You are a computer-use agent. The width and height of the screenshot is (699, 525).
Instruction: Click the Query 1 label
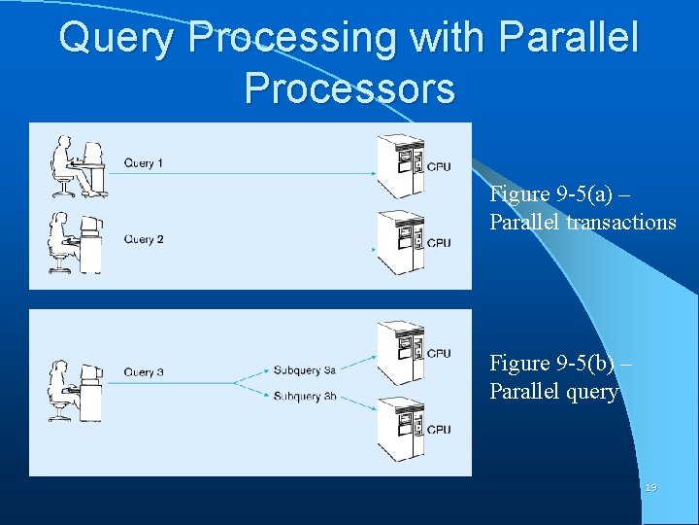pyautogui.click(x=144, y=163)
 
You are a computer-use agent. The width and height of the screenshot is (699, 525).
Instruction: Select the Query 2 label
pyautogui.click(x=144, y=239)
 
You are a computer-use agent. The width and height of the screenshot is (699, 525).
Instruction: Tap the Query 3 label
pyautogui.click(x=144, y=371)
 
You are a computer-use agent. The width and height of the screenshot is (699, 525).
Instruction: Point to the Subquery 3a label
pyautogui.click(x=304, y=369)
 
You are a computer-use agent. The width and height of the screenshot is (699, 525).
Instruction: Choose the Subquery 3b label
pyautogui.click(x=304, y=396)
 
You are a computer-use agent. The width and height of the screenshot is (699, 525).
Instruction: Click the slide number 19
pyautogui.click(x=649, y=487)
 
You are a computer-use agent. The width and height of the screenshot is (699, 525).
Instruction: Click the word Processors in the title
pyautogui.click(x=349, y=87)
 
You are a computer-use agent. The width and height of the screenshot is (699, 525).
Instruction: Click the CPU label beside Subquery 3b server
pyautogui.click(x=439, y=429)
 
